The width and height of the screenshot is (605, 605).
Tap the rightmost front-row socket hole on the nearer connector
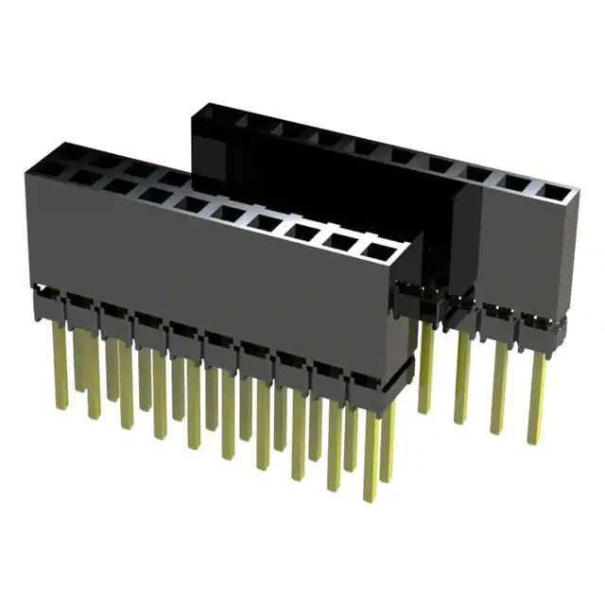click(378, 252)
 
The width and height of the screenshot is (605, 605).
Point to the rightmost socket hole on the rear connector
click(555, 193)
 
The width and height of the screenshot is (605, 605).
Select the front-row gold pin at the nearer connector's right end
click(371, 454)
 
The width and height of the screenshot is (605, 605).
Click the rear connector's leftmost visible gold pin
click(426, 369)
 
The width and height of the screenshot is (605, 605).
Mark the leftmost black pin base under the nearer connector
click(47, 304)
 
